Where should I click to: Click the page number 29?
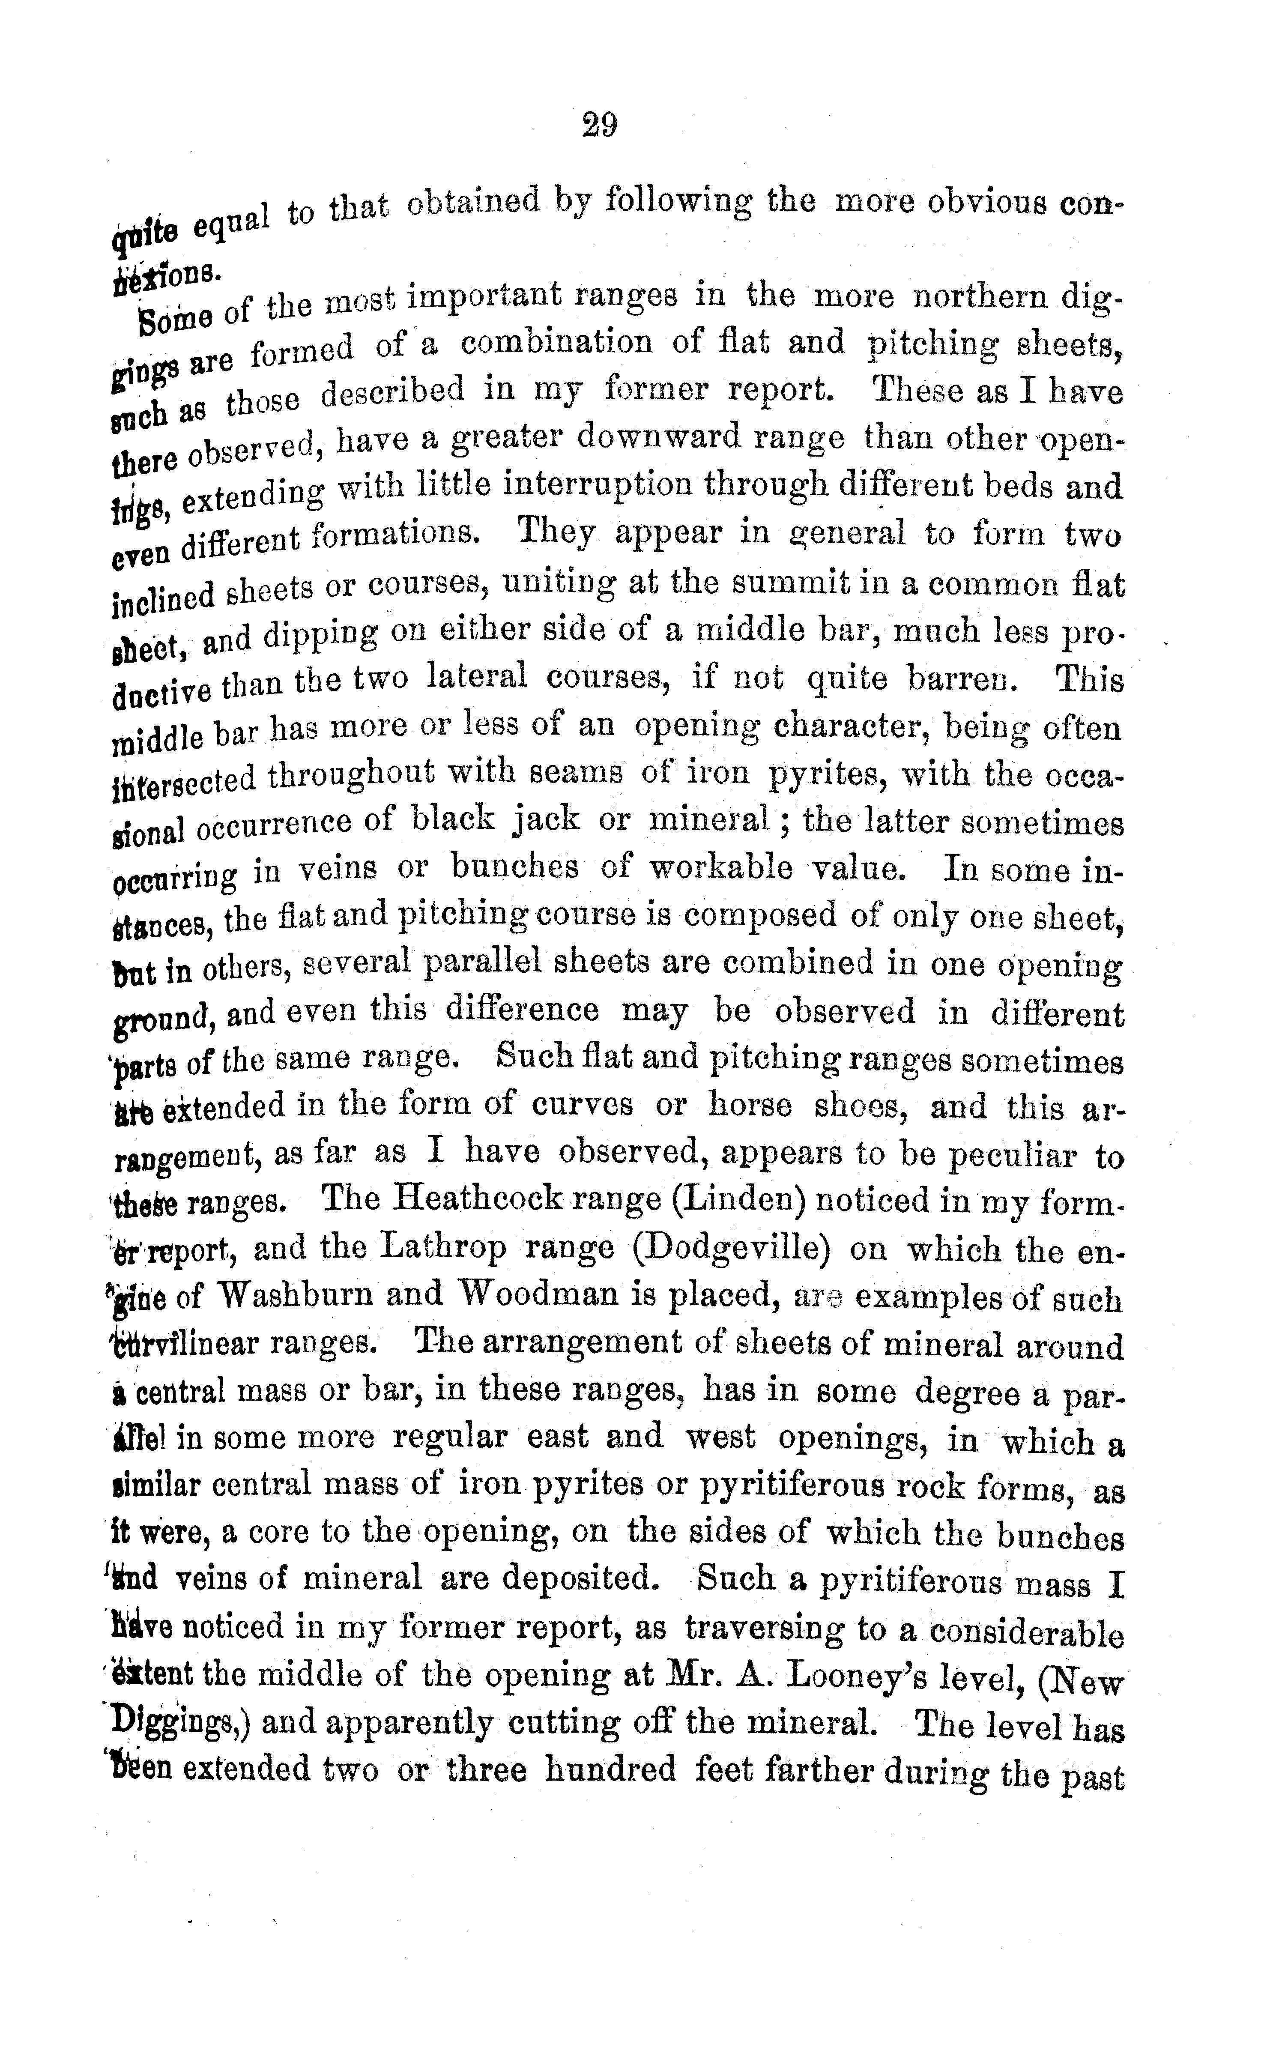600,126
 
